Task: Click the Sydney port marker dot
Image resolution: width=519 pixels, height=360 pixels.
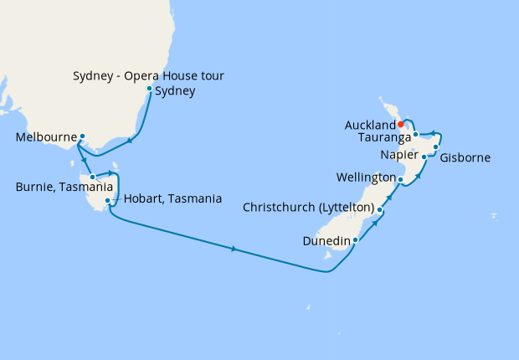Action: pos(150,89)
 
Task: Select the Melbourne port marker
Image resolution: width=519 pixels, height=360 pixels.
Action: pos(83,136)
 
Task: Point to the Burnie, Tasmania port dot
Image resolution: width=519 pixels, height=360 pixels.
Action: pos(93,177)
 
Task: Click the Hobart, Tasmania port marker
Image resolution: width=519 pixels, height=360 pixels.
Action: pos(108,201)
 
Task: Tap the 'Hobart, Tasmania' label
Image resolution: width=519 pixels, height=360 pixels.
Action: pos(172,199)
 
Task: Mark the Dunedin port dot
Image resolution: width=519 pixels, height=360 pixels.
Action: pos(356,240)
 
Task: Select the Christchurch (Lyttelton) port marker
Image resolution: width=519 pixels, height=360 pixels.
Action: pos(380,209)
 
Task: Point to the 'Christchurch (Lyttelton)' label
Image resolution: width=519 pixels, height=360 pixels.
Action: pos(310,208)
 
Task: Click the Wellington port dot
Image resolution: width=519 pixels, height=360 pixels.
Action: pos(401,179)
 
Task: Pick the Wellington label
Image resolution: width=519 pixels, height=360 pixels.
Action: pos(366,178)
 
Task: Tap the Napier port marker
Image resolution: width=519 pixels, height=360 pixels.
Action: pos(424,157)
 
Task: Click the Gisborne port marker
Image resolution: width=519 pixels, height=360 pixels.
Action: pos(435,147)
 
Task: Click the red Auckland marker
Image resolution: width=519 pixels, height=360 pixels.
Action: pos(401,126)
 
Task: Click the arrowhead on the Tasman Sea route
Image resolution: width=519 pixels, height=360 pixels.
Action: pos(234,249)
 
